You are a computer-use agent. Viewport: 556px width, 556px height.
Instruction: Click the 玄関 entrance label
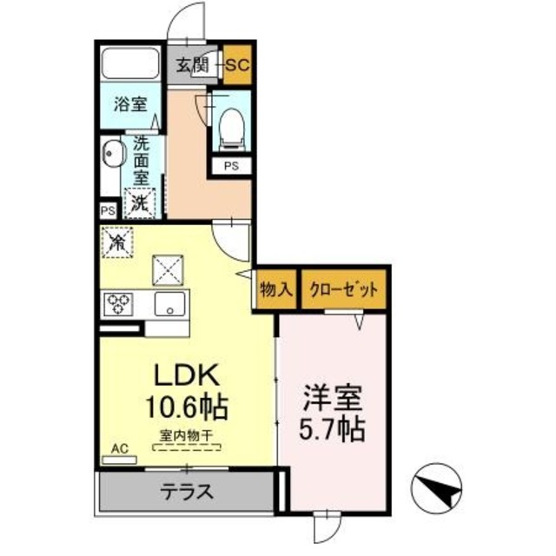[x=192, y=64]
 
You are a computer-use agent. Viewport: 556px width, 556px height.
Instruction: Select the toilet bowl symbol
[x=231, y=126]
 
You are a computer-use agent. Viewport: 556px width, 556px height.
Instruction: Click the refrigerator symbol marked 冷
[x=116, y=242]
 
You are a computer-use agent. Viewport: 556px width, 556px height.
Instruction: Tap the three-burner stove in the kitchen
[x=117, y=305]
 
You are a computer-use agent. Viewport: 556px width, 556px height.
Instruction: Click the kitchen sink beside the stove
[x=168, y=305]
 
